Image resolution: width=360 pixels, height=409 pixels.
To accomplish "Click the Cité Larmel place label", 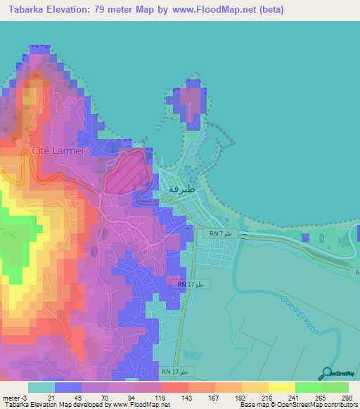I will coord(58,150).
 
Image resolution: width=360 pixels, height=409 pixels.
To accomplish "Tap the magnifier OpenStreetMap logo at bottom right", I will coord(326,374).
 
